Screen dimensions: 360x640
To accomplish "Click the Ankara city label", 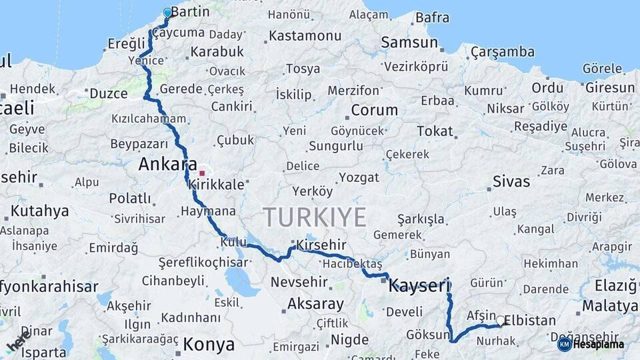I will (167, 165).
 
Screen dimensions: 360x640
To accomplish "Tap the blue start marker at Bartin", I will (167, 12).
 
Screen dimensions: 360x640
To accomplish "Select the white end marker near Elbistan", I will (501, 321).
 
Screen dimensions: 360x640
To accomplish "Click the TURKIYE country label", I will (315, 217).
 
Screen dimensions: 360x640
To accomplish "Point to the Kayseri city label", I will (419, 286).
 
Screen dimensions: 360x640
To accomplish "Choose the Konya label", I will (209, 345).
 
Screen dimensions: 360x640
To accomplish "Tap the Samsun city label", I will (409, 43).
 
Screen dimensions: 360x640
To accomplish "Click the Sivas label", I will (511, 181).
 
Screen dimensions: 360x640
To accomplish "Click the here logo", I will (19, 342).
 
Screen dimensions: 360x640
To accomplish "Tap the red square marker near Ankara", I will (202, 173).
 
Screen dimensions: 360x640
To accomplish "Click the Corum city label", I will (374, 111).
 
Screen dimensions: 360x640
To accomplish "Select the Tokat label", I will (435, 131).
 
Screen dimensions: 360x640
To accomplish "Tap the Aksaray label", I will (315, 305).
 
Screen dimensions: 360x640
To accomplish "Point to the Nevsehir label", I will (299, 282).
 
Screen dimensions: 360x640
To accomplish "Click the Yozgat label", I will (359, 177).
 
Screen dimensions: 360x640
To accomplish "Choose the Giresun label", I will (610, 87).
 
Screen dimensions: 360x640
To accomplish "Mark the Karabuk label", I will (217, 51).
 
